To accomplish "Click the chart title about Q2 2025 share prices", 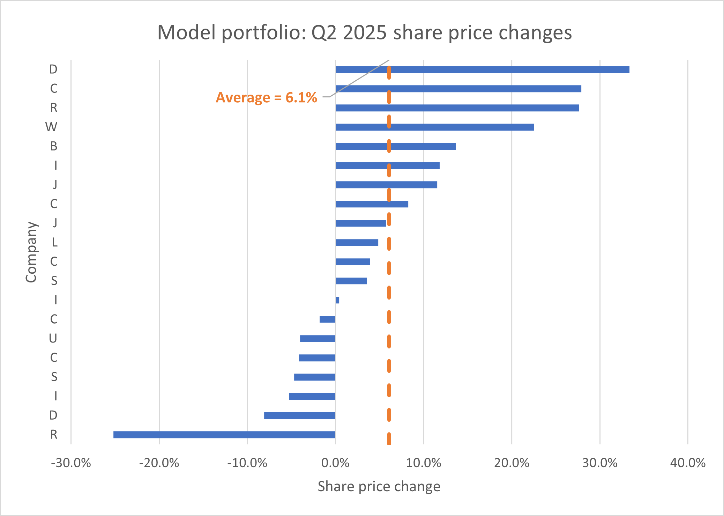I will (x=364, y=32).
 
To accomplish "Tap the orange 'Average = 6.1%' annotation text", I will (x=266, y=97).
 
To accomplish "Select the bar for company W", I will (x=434, y=127).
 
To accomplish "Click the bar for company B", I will (x=395, y=146).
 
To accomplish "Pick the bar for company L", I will (x=357, y=242).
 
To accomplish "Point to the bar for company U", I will (x=318, y=338).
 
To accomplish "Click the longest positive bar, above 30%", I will (x=482, y=69).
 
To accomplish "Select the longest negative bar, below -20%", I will (x=224, y=435).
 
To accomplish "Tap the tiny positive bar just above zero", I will (x=337, y=300).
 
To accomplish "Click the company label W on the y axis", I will (x=51, y=127).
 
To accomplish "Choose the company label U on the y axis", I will (x=53, y=338).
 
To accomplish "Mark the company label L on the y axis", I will (x=54, y=242).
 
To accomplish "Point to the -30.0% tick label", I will (x=71, y=463).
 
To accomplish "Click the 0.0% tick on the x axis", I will (x=335, y=463).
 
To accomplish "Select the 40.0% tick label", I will (x=688, y=463).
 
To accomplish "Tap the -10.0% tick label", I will (x=247, y=463).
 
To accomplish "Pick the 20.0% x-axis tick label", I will (x=512, y=463).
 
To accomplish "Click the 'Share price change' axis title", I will (x=379, y=486).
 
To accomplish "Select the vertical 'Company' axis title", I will (x=31, y=252).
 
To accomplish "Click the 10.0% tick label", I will (x=424, y=463).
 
